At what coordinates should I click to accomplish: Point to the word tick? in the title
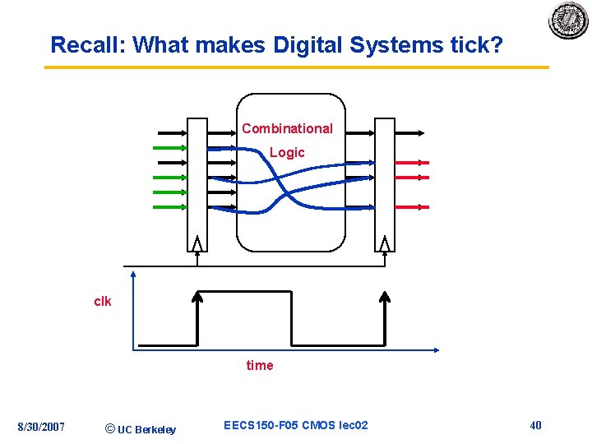coord(477,45)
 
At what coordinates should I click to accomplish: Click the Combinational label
coord(287,128)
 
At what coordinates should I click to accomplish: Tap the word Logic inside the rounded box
coord(287,153)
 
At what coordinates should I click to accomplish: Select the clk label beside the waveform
coord(103,302)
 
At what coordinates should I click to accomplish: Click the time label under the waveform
coord(260,365)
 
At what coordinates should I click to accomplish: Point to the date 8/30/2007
coord(42,427)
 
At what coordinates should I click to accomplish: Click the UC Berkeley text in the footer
coord(146,429)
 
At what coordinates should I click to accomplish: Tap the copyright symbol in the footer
coord(111,428)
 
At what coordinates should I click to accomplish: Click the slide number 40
coord(535,425)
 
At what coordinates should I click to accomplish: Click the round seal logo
coord(569,21)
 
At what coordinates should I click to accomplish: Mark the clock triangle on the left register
coord(197,244)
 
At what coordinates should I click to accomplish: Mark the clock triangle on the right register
coord(385,244)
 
